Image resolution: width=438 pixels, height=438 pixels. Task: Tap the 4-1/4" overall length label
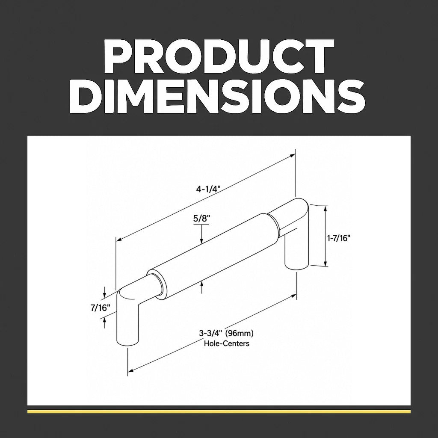point(208,189)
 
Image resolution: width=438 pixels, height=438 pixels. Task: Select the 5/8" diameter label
point(201,218)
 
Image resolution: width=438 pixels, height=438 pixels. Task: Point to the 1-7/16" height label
point(339,238)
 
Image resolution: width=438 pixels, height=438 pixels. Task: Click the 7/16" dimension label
point(100,308)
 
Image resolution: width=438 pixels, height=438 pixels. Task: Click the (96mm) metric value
point(239,334)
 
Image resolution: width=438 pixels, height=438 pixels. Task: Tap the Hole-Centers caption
point(227,343)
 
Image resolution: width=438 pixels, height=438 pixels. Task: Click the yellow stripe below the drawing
point(219,411)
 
